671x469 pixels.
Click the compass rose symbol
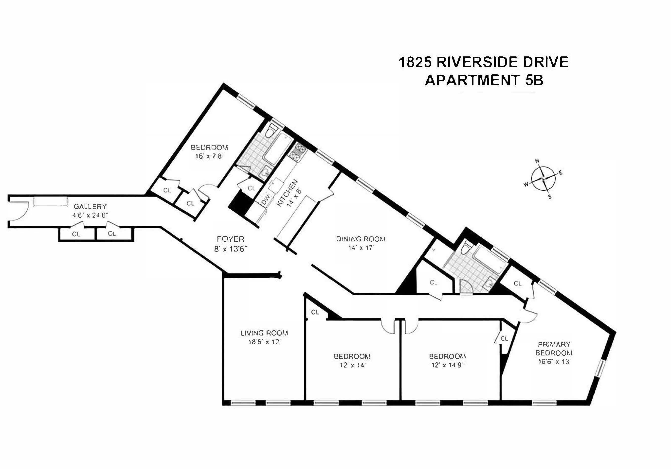click(543, 179)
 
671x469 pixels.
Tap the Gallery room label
click(90, 207)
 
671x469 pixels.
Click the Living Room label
click(264, 333)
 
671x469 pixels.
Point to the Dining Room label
click(361, 239)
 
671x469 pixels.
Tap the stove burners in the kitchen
click(297, 153)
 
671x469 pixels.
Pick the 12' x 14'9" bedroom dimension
click(447, 365)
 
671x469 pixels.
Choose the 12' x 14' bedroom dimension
click(352, 365)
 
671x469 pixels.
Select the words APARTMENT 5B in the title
click(484, 80)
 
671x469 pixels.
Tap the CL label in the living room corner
click(315, 312)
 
